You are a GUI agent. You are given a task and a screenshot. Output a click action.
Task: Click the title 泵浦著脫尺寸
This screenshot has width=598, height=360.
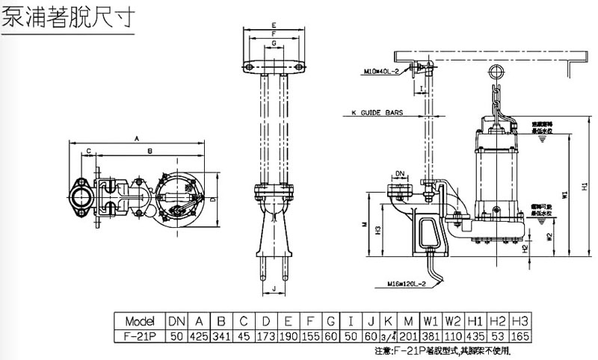68,17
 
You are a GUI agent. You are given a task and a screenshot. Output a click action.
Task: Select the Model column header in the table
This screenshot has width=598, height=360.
139,320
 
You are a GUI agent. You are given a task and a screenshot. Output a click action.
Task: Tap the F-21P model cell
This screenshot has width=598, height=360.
139,335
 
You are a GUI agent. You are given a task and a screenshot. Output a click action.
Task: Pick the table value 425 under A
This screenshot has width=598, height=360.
199,335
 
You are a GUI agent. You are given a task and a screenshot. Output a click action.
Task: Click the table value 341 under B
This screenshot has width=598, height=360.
221,335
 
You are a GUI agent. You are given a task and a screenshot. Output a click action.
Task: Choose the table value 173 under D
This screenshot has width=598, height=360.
265,335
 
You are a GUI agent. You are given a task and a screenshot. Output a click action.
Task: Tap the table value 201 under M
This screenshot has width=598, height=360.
407,335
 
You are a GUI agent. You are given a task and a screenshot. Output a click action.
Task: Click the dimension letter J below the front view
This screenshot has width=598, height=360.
275,288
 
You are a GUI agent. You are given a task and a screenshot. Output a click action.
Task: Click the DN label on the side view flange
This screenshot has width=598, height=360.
400,173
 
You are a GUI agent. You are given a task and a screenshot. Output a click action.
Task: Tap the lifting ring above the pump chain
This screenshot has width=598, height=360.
494,71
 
